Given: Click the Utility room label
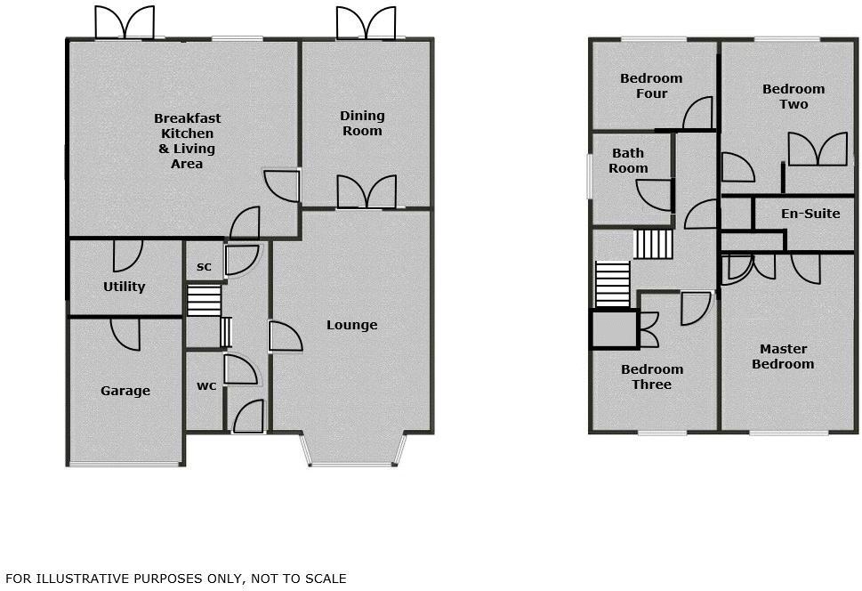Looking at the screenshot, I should pos(125,287).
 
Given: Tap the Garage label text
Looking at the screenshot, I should pos(125,391).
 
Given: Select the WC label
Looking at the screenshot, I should pos(205,387).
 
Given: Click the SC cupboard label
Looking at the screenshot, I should pos(204,267).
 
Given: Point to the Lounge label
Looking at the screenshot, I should pos(351,325).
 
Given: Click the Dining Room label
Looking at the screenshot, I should pos(362,123).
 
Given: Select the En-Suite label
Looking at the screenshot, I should pos(810,214).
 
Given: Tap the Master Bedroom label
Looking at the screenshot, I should pos(783,356).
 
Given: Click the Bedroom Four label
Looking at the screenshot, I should pos(651,85).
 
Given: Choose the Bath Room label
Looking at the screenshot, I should pos(628,161).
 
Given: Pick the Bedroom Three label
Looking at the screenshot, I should pos(652,376).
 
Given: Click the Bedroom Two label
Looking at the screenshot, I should pos(794,96).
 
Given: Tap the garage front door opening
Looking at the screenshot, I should pos(125,464).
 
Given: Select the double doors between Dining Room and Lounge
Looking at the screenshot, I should pos(366,193).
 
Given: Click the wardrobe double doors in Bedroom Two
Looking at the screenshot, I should pos(817,149).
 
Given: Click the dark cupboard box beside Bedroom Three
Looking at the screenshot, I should pos(614,329).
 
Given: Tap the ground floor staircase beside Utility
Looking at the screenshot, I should pos(204,301).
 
